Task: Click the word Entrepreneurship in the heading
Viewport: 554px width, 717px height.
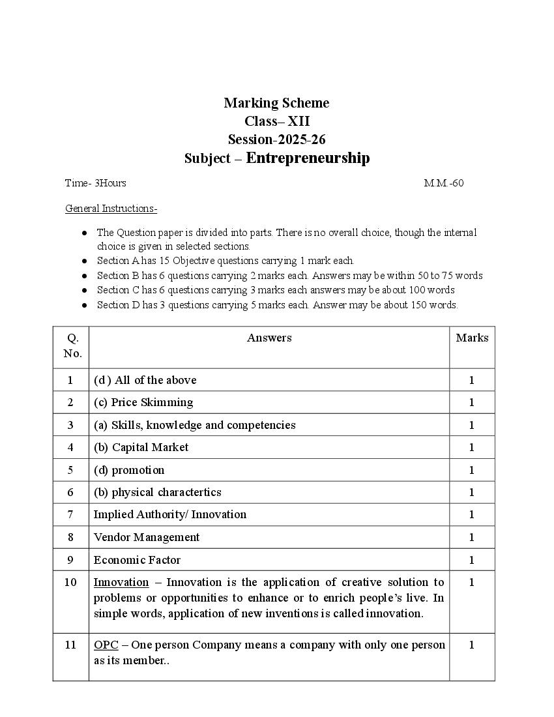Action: pyautogui.click(x=308, y=158)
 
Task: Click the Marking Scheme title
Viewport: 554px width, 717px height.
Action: pyautogui.click(x=276, y=103)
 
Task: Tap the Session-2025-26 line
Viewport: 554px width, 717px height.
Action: pyautogui.click(x=276, y=139)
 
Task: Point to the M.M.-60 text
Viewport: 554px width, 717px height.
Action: pyautogui.click(x=444, y=183)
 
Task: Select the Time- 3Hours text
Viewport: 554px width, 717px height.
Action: pyautogui.click(x=96, y=183)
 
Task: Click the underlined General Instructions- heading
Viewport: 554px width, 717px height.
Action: pyautogui.click(x=111, y=209)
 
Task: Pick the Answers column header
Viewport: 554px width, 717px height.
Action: pyautogui.click(x=269, y=338)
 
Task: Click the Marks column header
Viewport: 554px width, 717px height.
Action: pyautogui.click(x=472, y=338)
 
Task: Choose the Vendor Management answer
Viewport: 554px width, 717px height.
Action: pyautogui.click(x=147, y=537)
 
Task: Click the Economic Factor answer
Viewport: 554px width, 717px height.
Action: pyautogui.click(x=137, y=560)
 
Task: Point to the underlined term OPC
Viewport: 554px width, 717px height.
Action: pyautogui.click(x=106, y=645)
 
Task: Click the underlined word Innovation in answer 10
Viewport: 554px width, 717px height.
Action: pyautogui.click(x=121, y=582)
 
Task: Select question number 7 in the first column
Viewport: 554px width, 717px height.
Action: pyautogui.click(x=70, y=514)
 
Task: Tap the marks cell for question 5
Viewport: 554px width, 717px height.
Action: pyautogui.click(x=472, y=470)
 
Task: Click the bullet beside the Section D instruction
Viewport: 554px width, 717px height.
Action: pyautogui.click(x=85, y=305)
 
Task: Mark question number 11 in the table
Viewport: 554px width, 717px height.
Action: pyautogui.click(x=70, y=645)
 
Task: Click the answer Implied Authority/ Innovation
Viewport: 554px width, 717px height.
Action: pyautogui.click(x=170, y=514)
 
